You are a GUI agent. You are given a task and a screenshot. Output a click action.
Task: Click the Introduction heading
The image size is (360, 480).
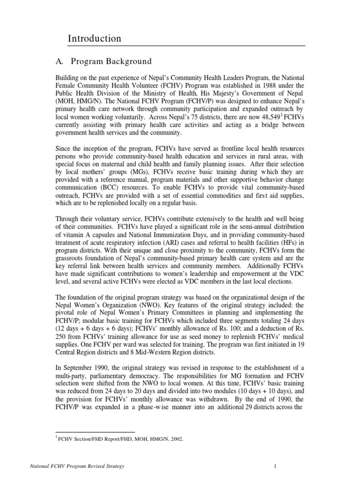(95, 38)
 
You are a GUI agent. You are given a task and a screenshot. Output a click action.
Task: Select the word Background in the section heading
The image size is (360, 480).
(129, 61)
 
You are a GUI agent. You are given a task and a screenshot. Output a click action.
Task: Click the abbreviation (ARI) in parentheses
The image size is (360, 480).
(189, 244)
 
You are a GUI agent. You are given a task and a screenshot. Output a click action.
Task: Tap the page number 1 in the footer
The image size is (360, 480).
(276, 466)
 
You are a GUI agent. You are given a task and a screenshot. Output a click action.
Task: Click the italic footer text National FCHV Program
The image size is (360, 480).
(56, 466)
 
